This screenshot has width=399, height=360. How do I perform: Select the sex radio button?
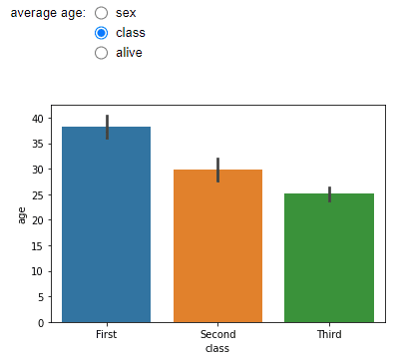tap(101, 14)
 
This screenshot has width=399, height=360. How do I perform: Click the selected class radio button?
tap(101, 33)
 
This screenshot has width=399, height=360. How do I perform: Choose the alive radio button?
tap(101, 52)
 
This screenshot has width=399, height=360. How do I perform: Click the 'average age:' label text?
tap(48, 14)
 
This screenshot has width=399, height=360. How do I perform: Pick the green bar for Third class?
tap(329, 258)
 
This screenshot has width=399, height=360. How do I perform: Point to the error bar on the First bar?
tap(106, 127)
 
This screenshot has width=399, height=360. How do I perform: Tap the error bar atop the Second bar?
tap(217, 170)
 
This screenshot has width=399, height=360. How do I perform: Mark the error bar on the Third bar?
tap(329, 193)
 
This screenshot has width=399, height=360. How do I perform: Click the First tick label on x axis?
tap(106, 335)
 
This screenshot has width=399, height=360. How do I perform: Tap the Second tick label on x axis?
tap(217, 335)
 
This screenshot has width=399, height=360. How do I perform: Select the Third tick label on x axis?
tap(329, 335)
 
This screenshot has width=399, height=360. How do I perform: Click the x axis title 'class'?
tap(217, 348)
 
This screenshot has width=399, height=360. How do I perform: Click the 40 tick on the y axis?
tap(37, 118)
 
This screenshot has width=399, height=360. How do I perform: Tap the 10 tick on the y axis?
tap(37, 271)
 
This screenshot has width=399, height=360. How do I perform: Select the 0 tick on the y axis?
tap(40, 322)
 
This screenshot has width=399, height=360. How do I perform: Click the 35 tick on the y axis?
tap(37, 144)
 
